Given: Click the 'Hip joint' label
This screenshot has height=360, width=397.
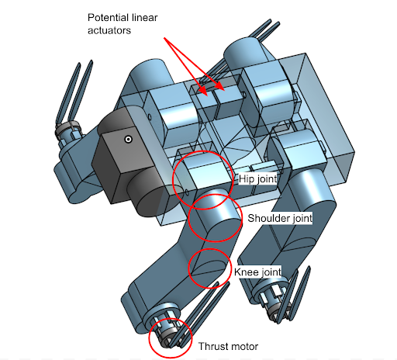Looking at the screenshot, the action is (257, 178).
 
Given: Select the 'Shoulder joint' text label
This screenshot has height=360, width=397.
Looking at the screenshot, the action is (280, 218).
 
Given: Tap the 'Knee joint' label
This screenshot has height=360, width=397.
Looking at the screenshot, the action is (257, 272).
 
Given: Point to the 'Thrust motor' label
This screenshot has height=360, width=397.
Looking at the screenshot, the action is (228, 346).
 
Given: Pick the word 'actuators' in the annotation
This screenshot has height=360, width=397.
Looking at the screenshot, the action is (109, 30).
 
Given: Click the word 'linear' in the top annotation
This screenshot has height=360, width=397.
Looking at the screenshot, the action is (144, 18).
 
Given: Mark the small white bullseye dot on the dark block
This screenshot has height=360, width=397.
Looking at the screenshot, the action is (128, 140).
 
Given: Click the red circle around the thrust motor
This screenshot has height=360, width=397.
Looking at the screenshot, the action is (149, 338).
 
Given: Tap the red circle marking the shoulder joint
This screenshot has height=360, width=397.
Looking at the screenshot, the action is (188, 219).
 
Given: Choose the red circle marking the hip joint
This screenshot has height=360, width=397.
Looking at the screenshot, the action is (173, 180).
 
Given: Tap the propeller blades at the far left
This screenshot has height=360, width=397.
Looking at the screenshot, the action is (74, 93).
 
